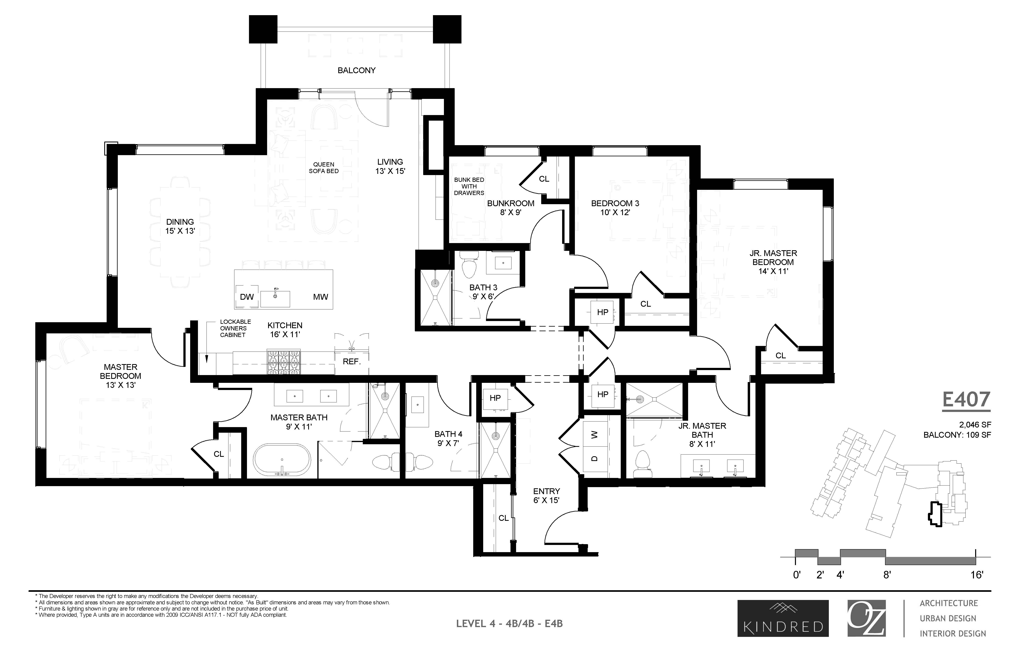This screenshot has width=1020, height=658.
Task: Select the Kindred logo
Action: click(x=783, y=618)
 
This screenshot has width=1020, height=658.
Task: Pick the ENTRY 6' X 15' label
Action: click(x=546, y=496)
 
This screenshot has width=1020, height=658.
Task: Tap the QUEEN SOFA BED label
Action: click(x=324, y=167)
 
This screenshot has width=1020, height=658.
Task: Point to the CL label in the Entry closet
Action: click(x=504, y=518)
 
